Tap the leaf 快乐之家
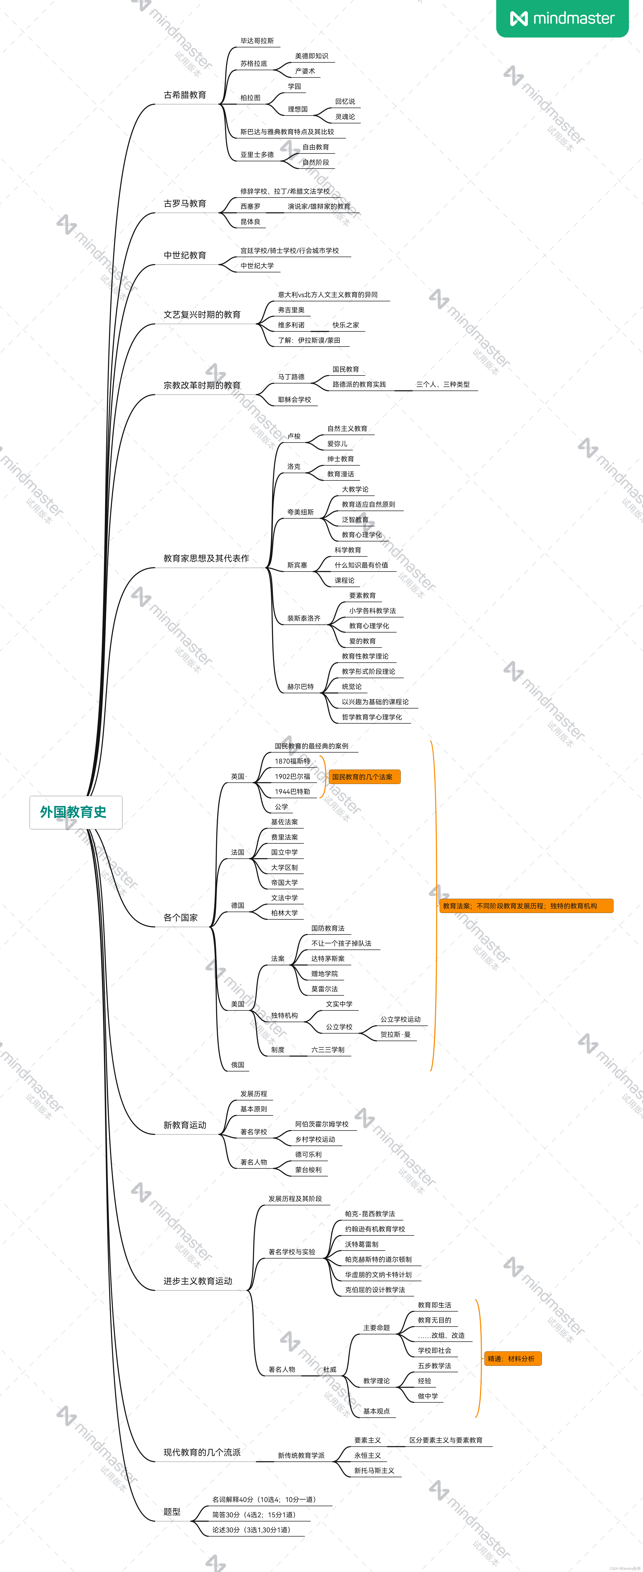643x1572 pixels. pyautogui.click(x=346, y=325)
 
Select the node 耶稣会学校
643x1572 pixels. pyautogui.click(x=294, y=400)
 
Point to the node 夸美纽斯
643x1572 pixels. pyautogui.click(x=300, y=512)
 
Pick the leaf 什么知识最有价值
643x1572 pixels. pyautogui.click(x=361, y=565)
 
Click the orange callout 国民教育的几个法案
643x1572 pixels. pyautogui.click(x=364, y=777)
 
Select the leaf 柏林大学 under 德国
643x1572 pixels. pyautogui.click(x=285, y=913)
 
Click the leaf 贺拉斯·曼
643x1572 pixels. pyautogui.click(x=395, y=1034)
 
